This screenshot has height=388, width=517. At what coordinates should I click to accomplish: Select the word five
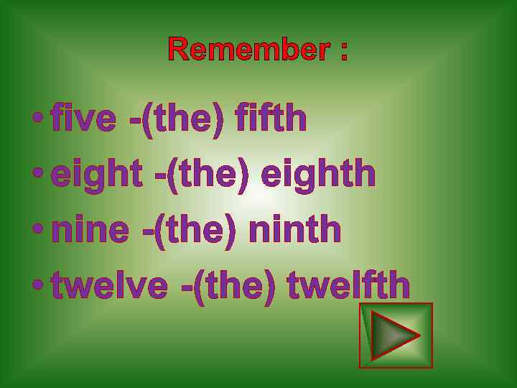click(83, 119)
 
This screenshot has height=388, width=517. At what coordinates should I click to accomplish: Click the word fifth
click(271, 119)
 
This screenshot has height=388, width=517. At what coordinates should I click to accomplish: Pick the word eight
click(96, 175)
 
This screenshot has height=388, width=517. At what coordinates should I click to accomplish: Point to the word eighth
click(318, 175)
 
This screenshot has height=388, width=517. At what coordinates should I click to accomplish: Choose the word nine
click(90, 230)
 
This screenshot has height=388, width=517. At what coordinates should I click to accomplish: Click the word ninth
click(294, 230)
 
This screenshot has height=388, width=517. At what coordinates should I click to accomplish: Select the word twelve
click(109, 285)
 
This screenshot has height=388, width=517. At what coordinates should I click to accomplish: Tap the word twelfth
click(348, 285)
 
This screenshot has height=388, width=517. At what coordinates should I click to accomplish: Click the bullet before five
click(37, 118)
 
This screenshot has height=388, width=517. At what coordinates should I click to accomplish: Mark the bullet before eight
click(37, 173)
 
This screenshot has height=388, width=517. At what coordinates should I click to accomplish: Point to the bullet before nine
click(37, 228)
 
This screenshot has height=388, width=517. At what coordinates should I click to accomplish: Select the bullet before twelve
click(37, 284)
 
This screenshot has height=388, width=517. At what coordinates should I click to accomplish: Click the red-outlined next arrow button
click(396, 336)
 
